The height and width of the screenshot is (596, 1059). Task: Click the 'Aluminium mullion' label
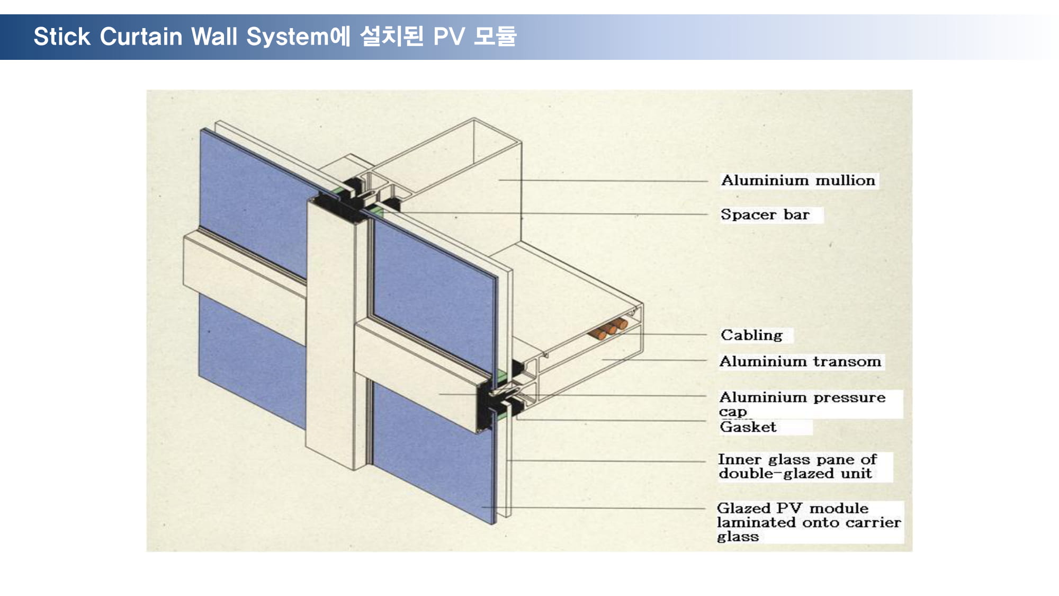point(798,181)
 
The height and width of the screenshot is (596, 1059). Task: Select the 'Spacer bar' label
point(765,215)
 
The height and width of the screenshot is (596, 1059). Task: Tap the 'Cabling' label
point(751,335)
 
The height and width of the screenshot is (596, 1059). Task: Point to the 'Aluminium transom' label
point(800,361)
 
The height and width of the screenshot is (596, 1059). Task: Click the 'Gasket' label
point(748,427)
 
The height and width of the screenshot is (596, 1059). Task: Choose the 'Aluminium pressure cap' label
point(802,404)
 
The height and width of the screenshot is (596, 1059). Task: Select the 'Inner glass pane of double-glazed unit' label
point(797,466)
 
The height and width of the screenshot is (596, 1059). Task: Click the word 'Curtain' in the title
point(141,37)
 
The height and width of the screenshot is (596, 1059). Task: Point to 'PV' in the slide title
point(449,37)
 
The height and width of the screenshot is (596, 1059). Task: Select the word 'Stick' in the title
point(62,37)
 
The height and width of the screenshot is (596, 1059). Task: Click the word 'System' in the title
point(288,37)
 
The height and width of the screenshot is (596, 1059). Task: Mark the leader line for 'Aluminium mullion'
point(603,181)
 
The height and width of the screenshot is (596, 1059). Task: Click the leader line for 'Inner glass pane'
point(607,461)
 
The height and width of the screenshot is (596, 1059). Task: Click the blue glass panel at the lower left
point(252,360)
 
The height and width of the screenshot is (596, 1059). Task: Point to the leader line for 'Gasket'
point(612,420)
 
